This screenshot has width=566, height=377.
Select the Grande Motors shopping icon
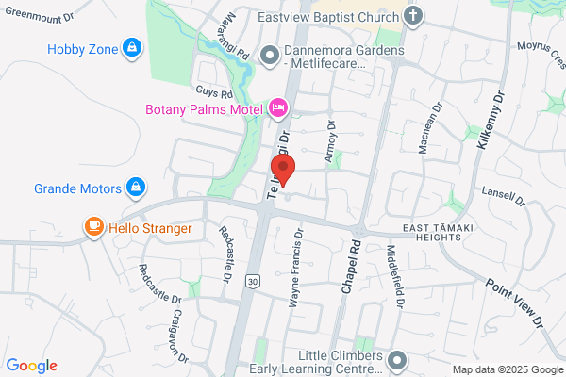[136, 187]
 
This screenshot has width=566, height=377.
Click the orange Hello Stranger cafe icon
[92, 227]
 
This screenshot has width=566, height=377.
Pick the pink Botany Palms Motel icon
[278, 108]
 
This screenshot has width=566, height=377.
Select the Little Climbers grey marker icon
[398, 360]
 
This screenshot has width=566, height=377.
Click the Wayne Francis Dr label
[294, 268]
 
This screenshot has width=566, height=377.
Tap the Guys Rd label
[213, 93]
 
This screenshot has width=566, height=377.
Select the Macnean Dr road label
[429, 131]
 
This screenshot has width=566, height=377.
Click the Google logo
[31, 366]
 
